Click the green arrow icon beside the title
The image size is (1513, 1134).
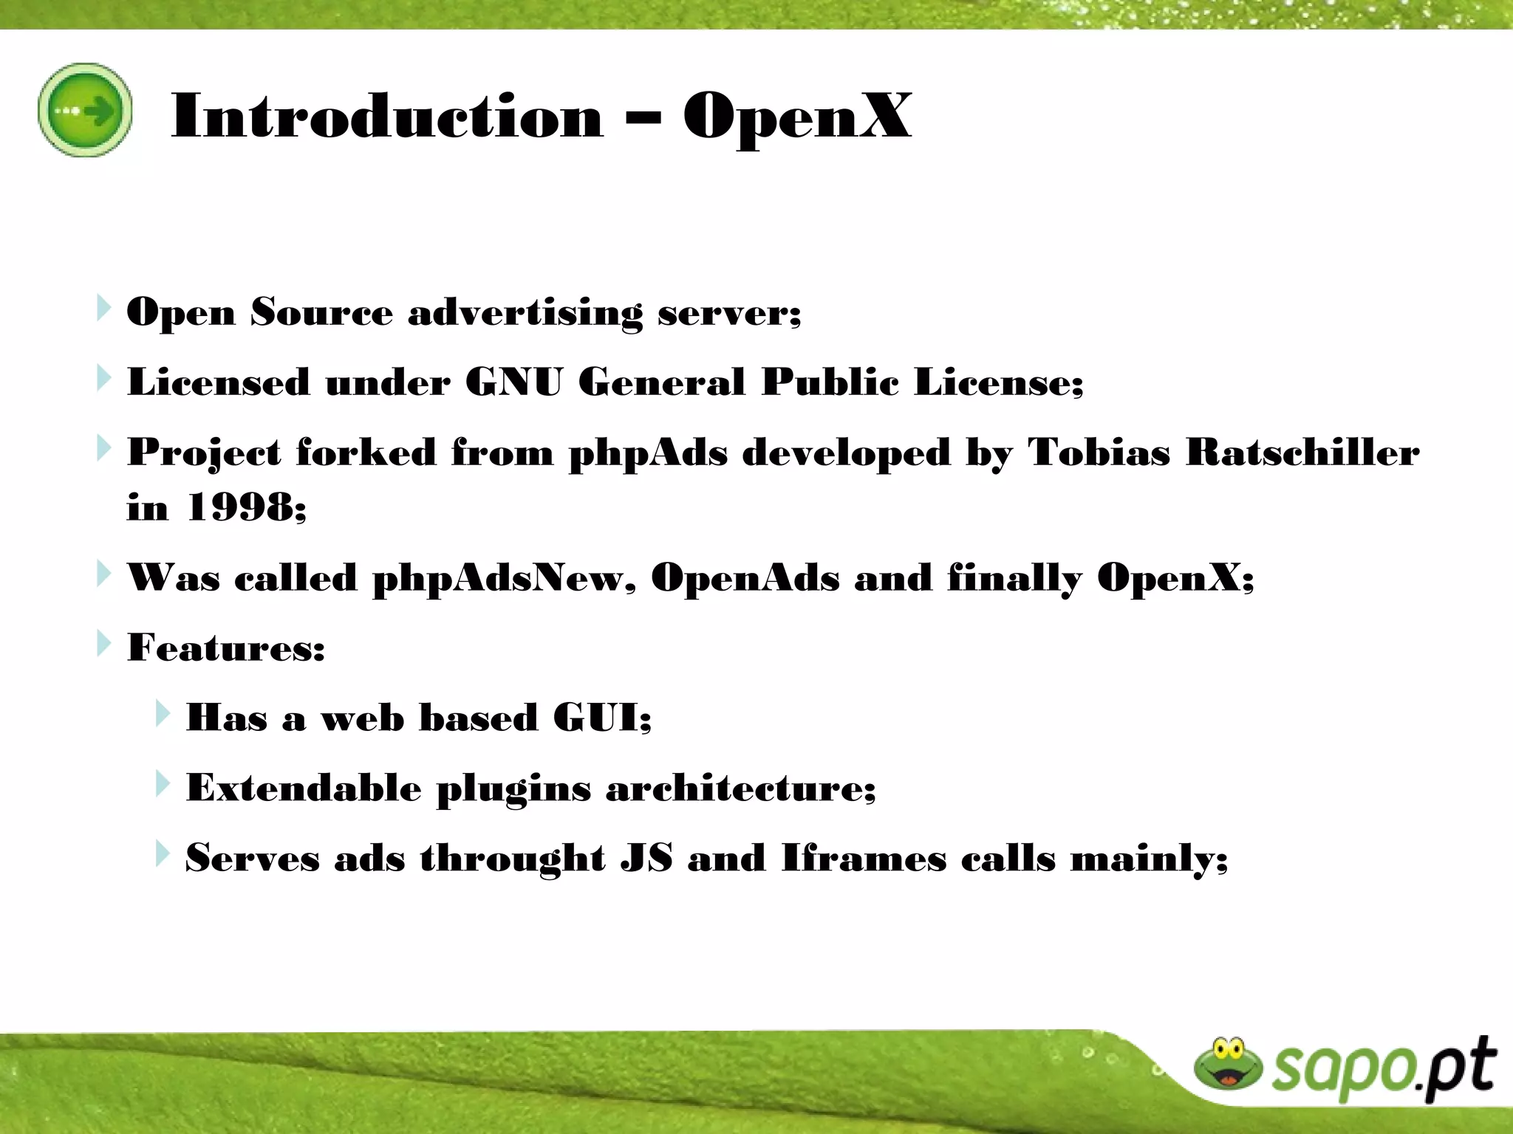85,110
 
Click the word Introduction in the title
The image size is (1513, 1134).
387,117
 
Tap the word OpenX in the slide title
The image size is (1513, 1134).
797,117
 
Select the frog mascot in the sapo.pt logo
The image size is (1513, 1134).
1228,1064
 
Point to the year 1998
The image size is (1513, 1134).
246,508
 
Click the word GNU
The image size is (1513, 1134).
513,382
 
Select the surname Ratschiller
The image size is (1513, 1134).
1302,452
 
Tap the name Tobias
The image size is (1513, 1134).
1099,452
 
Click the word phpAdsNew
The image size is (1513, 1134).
502,578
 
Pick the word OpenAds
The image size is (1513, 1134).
745,578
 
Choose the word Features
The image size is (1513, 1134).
225,648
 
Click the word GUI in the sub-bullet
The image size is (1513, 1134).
601,718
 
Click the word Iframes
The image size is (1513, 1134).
864,858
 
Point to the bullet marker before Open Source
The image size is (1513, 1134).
103,309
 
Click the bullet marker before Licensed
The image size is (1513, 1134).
103,379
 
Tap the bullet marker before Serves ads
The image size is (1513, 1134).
163,854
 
